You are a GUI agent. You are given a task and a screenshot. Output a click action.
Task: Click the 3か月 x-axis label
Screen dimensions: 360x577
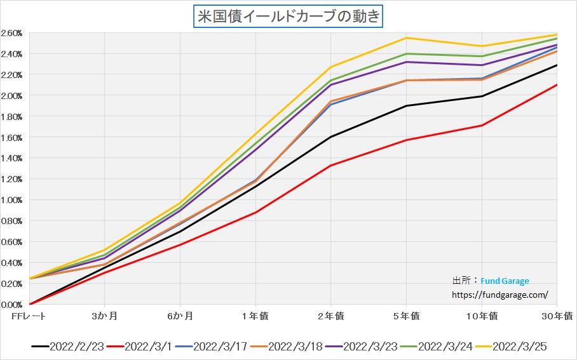point(104,316)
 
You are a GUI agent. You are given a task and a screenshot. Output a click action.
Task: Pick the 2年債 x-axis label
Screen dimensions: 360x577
point(330,316)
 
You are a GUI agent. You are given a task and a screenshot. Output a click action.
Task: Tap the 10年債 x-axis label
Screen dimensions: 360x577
point(481,316)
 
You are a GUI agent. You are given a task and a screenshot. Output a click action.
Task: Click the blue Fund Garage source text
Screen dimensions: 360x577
point(505,281)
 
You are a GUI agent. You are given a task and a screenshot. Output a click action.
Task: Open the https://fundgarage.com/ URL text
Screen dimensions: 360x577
point(499,295)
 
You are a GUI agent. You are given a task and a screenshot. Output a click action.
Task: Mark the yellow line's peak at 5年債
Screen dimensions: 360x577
point(406,37)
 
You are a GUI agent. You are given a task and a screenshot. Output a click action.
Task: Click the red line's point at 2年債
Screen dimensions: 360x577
point(330,166)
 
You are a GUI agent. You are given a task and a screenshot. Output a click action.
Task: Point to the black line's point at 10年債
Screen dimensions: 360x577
point(482,97)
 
